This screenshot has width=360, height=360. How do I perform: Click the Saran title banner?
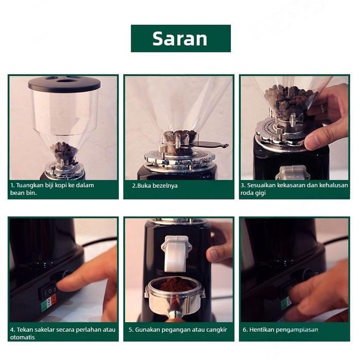(x=181, y=39)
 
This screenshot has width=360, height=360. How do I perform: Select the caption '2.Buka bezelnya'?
(x=155, y=186)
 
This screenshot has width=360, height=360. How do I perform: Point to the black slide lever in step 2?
(x=211, y=145)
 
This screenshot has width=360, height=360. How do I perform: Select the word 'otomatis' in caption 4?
(x=22, y=337)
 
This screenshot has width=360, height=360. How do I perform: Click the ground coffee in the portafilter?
(x=176, y=284)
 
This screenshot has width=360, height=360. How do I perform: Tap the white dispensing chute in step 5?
(x=176, y=253)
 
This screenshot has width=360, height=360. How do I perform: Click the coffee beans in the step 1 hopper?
(x=64, y=150)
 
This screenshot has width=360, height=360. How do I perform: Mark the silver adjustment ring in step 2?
(x=179, y=158)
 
